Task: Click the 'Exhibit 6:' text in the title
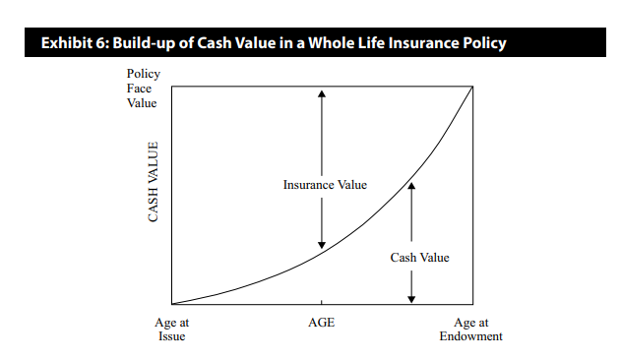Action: [75, 42]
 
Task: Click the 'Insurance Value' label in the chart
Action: [325, 185]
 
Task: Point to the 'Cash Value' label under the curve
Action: [419, 258]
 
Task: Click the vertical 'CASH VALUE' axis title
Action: [153, 182]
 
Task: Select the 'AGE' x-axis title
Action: [321, 323]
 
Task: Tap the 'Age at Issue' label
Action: [172, 330]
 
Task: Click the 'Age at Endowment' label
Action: [470, 330]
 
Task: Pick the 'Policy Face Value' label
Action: [143, 89]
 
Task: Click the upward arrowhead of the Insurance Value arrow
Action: [322, 93]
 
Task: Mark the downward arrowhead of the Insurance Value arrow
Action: [322, 245]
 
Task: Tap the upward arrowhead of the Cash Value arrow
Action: [411, 186]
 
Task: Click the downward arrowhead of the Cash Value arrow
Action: [411, 299]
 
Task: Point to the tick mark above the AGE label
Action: [321, 302]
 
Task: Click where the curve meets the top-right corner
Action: [472, 87]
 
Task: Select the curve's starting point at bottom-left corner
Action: [172, 304]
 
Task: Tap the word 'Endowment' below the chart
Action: [470, 336]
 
